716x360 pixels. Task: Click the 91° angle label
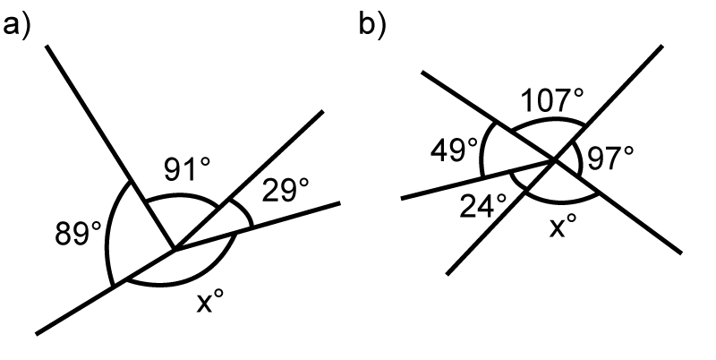[187, 169]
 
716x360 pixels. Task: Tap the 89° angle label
[78, 234]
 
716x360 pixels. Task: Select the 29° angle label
[286, 190]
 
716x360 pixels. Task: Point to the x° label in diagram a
[210, 301]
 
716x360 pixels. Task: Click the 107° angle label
[552, 100]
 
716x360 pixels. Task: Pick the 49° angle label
[454, 150]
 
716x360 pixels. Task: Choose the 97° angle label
[610, 159]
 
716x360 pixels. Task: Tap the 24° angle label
[483, 206]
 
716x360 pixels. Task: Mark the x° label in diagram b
[563, 226]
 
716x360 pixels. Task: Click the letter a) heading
[17, 25]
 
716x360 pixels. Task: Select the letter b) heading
[372, 25]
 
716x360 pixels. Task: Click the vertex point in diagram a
[174, 249]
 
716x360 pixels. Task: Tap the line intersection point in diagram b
[555, 159]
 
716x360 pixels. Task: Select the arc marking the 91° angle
[183, 196]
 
